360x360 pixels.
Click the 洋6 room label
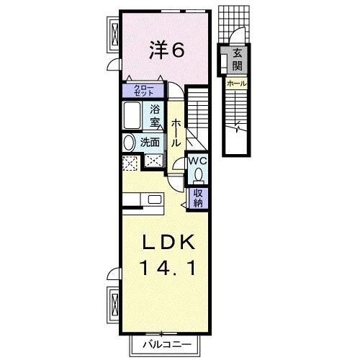click(168, 50)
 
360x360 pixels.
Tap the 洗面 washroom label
click(150, 142)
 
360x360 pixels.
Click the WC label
click(198, 161)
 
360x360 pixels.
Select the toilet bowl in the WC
click(199, 174)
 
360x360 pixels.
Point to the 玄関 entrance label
click(238, 61)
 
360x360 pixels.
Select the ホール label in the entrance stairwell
click(237, 84)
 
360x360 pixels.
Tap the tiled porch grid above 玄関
click(235, 25)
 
